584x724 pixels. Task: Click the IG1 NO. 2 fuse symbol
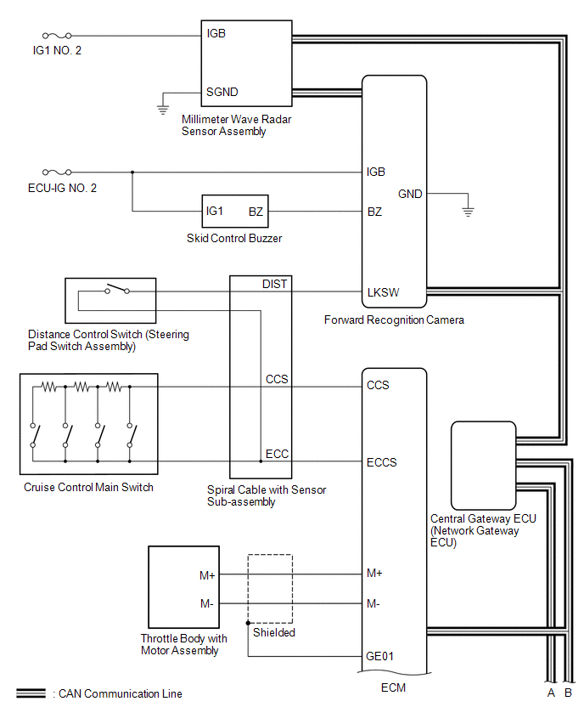[57, 36]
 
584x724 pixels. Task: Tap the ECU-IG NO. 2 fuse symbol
[57, 173]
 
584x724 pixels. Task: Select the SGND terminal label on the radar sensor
[222, 93]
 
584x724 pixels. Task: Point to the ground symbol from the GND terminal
[468, 212]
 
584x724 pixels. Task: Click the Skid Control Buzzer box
[235, 211]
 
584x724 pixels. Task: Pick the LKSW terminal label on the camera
[383, 292]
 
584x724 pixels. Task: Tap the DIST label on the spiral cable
[274, 284]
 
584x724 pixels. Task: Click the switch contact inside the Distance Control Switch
[116, 289]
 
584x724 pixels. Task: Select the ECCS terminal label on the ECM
[381, 462]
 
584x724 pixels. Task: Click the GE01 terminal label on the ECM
[379, 656]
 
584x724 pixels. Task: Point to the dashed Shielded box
[270, 554]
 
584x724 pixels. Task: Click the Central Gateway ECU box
[483, 466]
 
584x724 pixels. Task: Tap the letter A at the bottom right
[551, 693]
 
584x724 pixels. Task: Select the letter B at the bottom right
[569, 693]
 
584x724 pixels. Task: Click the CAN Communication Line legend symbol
[31, 693]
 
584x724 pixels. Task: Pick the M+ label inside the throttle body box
[207, 575]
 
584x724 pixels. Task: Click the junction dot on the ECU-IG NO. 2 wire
[132, 173]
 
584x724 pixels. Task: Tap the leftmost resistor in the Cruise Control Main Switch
[49, 387]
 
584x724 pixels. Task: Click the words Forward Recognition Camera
[394, 320]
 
